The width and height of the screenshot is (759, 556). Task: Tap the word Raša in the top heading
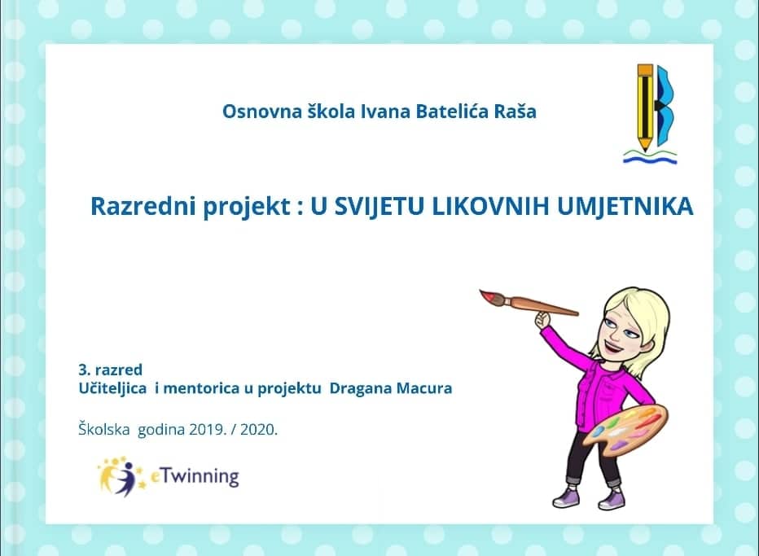coord(515,112)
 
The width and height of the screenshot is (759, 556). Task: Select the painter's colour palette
coord(624,428)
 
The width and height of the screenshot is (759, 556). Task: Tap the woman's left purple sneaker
coord(566,497)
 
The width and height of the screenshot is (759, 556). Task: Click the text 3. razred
coord(111,370)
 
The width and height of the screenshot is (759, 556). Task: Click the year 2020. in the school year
coord(259,429)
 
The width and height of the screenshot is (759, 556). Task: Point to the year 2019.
coord(208,429)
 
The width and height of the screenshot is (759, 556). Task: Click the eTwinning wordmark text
coord(195,477)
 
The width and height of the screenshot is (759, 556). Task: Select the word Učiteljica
coord(112,388)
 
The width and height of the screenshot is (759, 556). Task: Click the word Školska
coord(104,429)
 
